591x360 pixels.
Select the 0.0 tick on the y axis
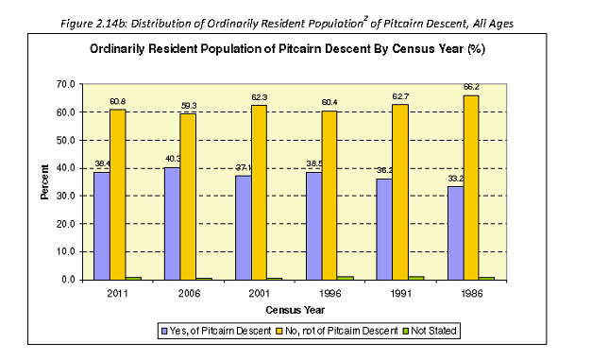tap(68, 281)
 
